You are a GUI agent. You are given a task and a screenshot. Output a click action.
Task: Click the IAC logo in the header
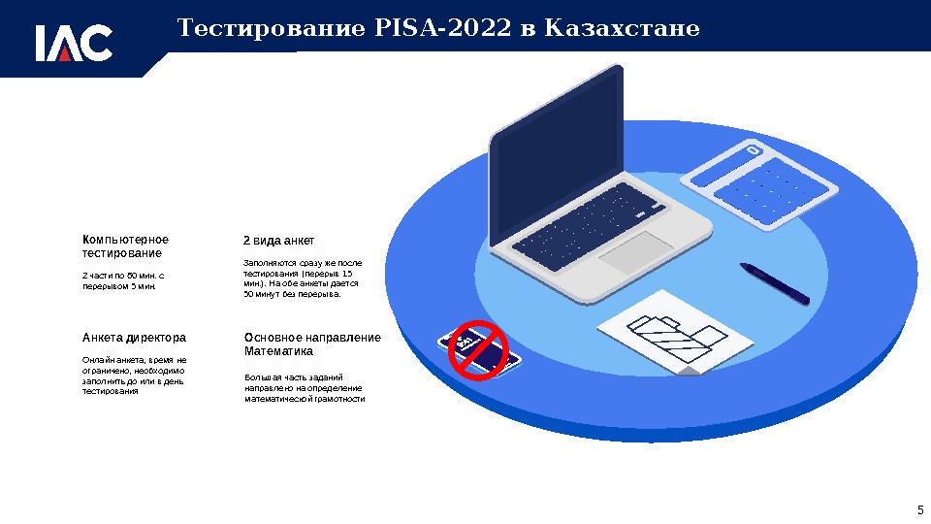click(75, 42)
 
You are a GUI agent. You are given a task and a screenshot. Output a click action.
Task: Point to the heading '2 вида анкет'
click(277, 240)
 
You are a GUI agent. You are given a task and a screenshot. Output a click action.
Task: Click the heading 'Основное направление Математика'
click(312, 344)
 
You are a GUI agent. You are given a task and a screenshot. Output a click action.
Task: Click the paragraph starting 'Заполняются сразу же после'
click(302, 278)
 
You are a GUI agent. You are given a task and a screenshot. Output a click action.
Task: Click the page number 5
click(919, 509)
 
